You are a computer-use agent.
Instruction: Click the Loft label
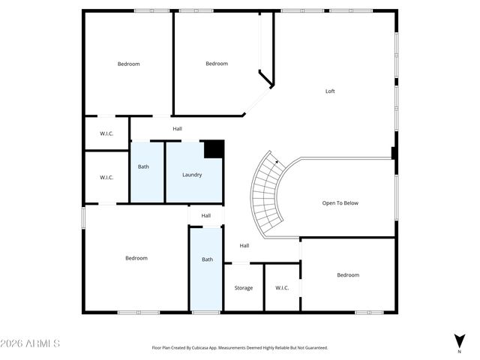(329, 91)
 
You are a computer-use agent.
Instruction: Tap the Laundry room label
(192, 175)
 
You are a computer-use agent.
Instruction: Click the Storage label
(243, 288)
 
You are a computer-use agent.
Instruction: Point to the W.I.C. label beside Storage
(282, 288)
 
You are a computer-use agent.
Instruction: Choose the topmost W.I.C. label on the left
(106, 134)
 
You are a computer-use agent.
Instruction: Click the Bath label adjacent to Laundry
(142, 166)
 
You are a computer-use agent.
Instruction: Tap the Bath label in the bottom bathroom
(207, 259)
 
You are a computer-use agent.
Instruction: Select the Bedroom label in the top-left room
(128, 64)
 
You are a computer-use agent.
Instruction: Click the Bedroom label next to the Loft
(217, 64)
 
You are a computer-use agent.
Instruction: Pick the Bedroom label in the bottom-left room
(136, 258)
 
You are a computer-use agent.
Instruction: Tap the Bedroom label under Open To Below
(347, 275)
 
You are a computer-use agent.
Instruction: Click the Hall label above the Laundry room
(177, 129)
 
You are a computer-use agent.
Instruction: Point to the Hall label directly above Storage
(244, 245)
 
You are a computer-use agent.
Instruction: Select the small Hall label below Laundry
(206, 216)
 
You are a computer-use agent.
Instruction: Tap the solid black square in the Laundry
(214, 148)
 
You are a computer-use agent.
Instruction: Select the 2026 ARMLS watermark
(31, 343)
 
